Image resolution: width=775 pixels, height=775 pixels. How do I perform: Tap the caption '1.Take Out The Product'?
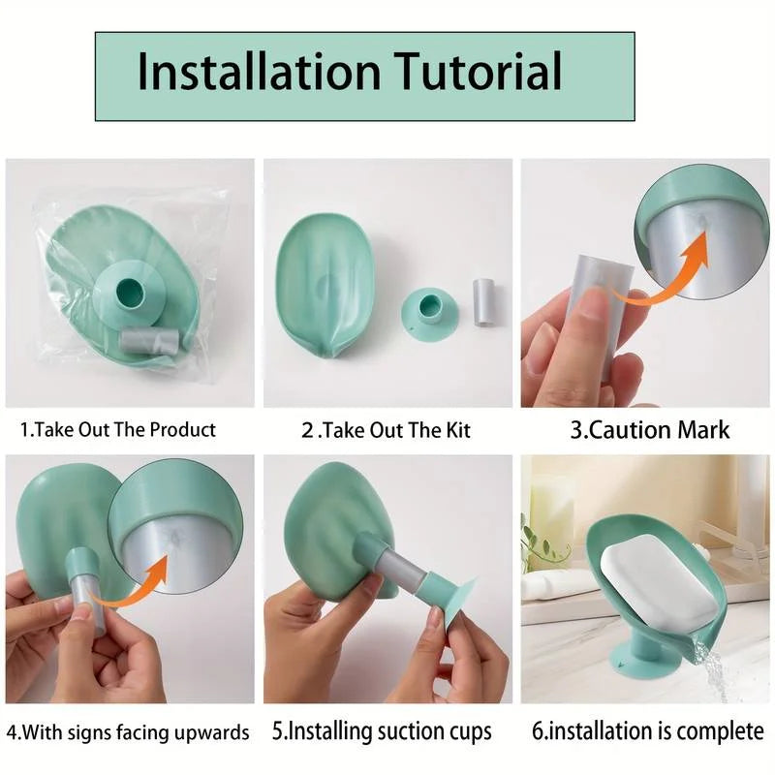[x=118, y=429]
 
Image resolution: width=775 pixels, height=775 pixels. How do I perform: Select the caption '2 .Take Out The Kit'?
[x=386, y=429]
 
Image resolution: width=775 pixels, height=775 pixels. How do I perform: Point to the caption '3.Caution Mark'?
[x=649, y=429]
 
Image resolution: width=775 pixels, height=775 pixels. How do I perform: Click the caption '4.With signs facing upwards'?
[x=128, y=730]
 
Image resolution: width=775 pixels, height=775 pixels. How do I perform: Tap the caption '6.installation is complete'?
[x=648, y=730]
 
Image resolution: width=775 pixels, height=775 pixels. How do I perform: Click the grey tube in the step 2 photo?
[x=482, y=302]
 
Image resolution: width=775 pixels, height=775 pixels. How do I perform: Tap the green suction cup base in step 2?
[x=429, y=314]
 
